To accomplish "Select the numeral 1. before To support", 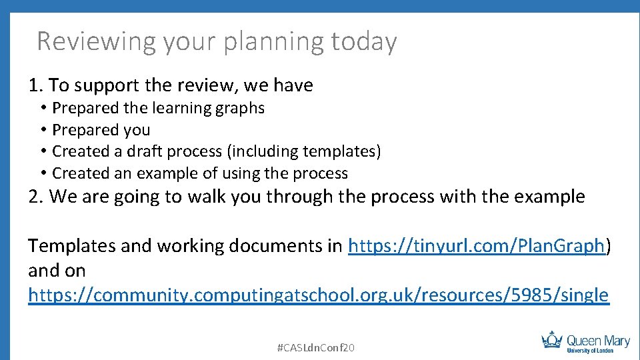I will [36, 86].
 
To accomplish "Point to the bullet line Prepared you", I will [101, 130].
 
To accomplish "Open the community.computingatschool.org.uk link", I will [318, 295].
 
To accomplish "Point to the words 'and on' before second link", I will [57, 271].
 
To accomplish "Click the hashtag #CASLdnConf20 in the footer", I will [315, 347].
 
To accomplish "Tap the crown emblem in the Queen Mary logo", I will [551, 340].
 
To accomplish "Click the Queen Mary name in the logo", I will [597, 341].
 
